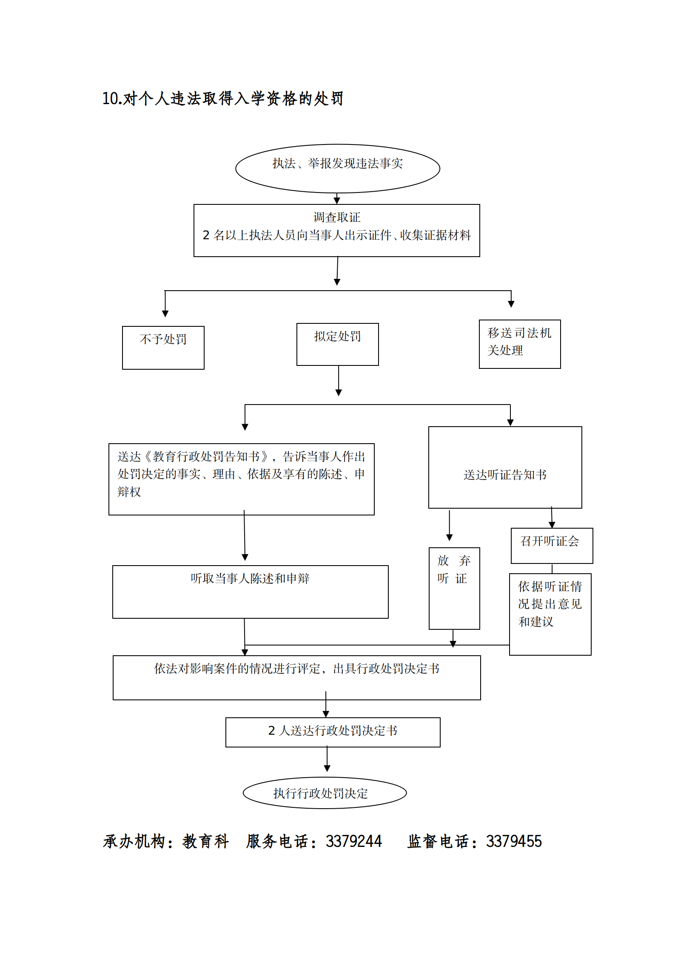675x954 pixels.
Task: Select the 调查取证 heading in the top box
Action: (x=336, y=218)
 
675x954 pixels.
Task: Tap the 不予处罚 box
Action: (x=163, y=347)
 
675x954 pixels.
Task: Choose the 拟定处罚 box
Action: (x=337, y=344)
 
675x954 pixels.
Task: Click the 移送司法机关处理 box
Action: (x=519, y=344)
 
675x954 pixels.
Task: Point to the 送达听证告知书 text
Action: (x=505, y=475)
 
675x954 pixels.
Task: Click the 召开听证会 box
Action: (x=551, y=545)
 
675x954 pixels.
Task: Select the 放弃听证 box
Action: (x=454, y=588)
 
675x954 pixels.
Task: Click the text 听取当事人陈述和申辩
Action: (x=250, y=578)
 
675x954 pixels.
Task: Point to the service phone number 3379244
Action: (x=353, y=841)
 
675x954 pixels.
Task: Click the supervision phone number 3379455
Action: (x=514, y=841)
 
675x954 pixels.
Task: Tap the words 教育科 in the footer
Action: (x=205, y=841)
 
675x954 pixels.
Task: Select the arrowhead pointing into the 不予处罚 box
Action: (x=165, y=314)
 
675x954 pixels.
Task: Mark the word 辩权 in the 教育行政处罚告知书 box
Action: (x=129, y=492)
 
